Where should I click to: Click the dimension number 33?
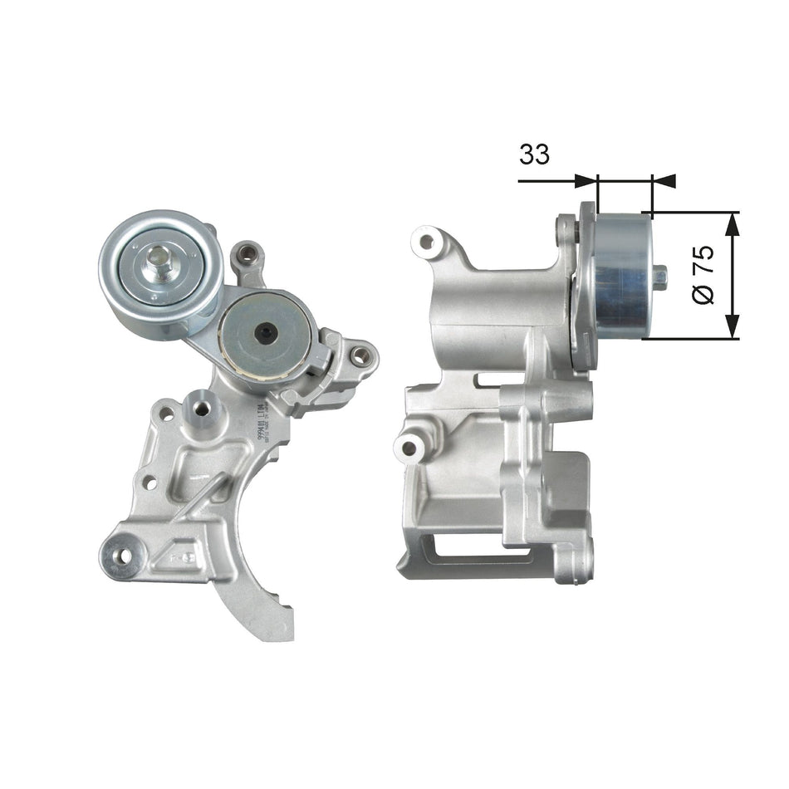click(x=534, y=154)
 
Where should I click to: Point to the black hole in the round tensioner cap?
click(x=265, y=333)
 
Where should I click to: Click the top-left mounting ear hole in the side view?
click(x=427, y=242)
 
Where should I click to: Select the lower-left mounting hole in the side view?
click(x=409, y=448)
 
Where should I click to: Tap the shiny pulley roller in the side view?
click(x=622, y=274)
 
